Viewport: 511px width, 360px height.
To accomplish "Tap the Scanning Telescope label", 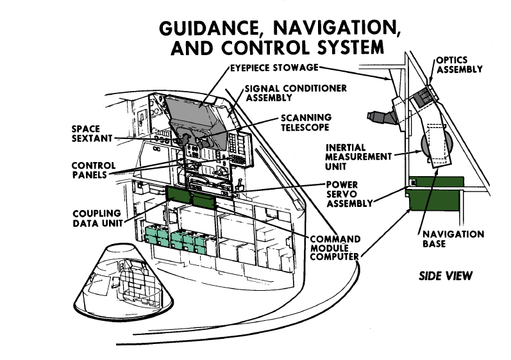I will [x=305, y=122].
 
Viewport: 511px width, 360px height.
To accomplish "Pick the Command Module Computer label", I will [x=335, y=248].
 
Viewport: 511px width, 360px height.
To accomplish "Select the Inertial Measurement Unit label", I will [x=356, y=157].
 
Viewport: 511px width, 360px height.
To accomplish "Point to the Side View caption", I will [x=446, y=276].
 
